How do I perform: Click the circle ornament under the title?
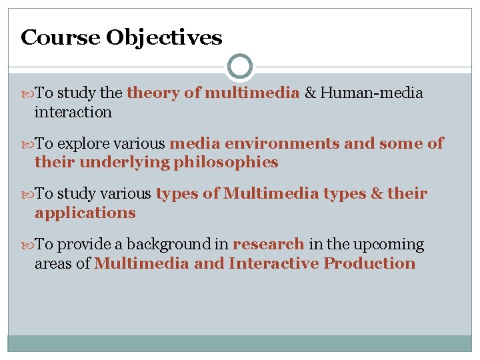pyautogui.click(x=239, y=67)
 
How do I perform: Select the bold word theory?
pyautogui.click(x=153, y=93)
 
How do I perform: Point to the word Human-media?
pyautogui.click(x=371, y=93)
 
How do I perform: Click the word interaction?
pyautogui.click(x=73, y=112)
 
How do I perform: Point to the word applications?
pyautogui.click(x=85, y=213)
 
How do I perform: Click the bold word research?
pyautogui.click(x=269, y=245)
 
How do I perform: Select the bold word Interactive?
pyautogui.click(x=273, y=263)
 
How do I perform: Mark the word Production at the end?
pyautogui.click(x=369, y=263)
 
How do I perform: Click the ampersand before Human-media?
pyautogui.click(x=310, y=93)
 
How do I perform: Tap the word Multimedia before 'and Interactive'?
pyautogui.click(x=141, y=263)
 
